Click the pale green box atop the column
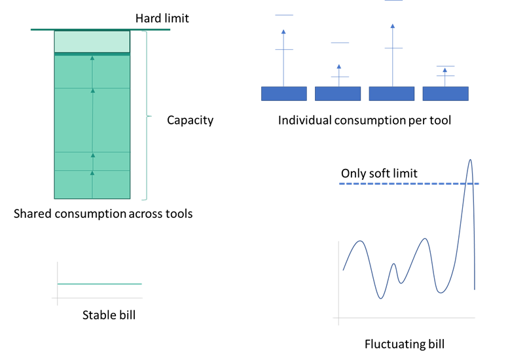click(x=92, y=41)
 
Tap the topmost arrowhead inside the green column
click(x=92, y=58)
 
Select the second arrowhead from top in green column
click(x=93, y=90)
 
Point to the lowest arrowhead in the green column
click(x=92, y=173)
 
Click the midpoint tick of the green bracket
click(x=149, y=116)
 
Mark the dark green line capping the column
click(x=100, y=29)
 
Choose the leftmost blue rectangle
click(x=284, y=94)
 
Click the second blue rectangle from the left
click(x=338, y=94)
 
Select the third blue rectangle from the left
click(x=391, y=94)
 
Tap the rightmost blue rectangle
click(x=445, y=94)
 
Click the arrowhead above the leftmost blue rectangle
click(x=283, y=31)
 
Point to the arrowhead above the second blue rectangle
click(x=339, y=66)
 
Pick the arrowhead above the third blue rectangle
click(x=393, y=26)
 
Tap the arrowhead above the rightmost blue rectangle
click(x=445, y=70)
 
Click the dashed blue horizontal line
click(x=408, y=184)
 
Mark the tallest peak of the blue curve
click(x=469, y=160)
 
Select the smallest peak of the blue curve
click(x=394, y=264)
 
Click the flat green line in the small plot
click(x=100, y=284)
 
